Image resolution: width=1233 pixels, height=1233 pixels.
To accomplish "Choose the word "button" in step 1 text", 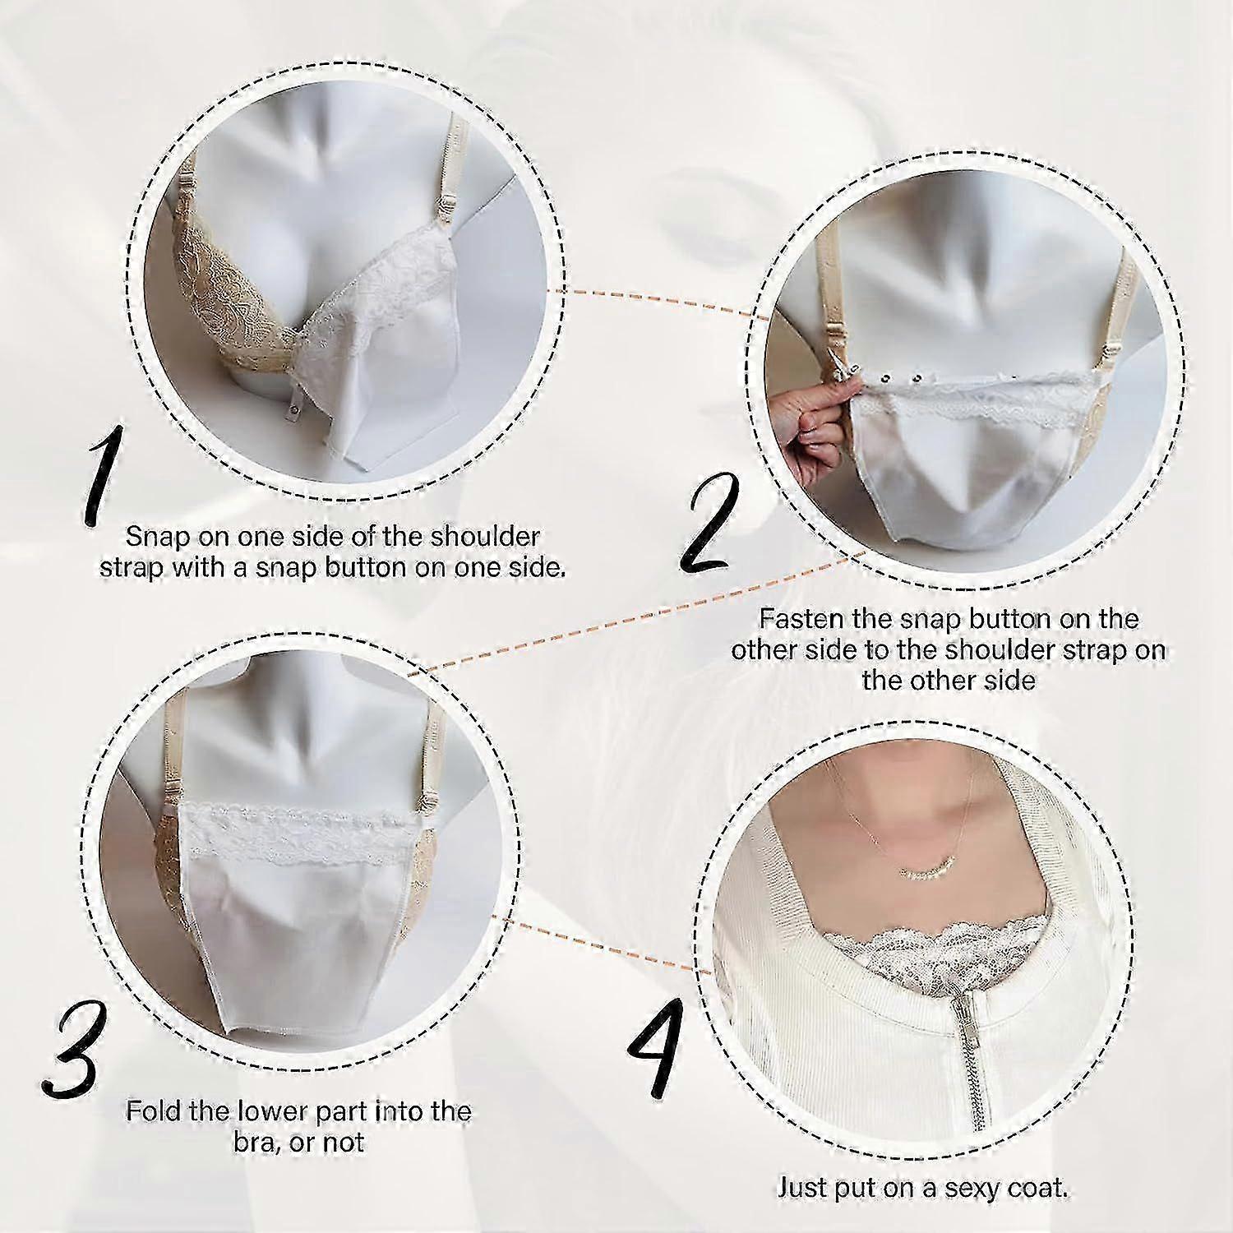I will tap(370, 568).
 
